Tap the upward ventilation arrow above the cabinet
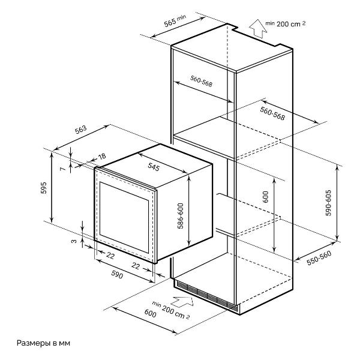259,27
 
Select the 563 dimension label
81,131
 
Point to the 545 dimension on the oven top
153,166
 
